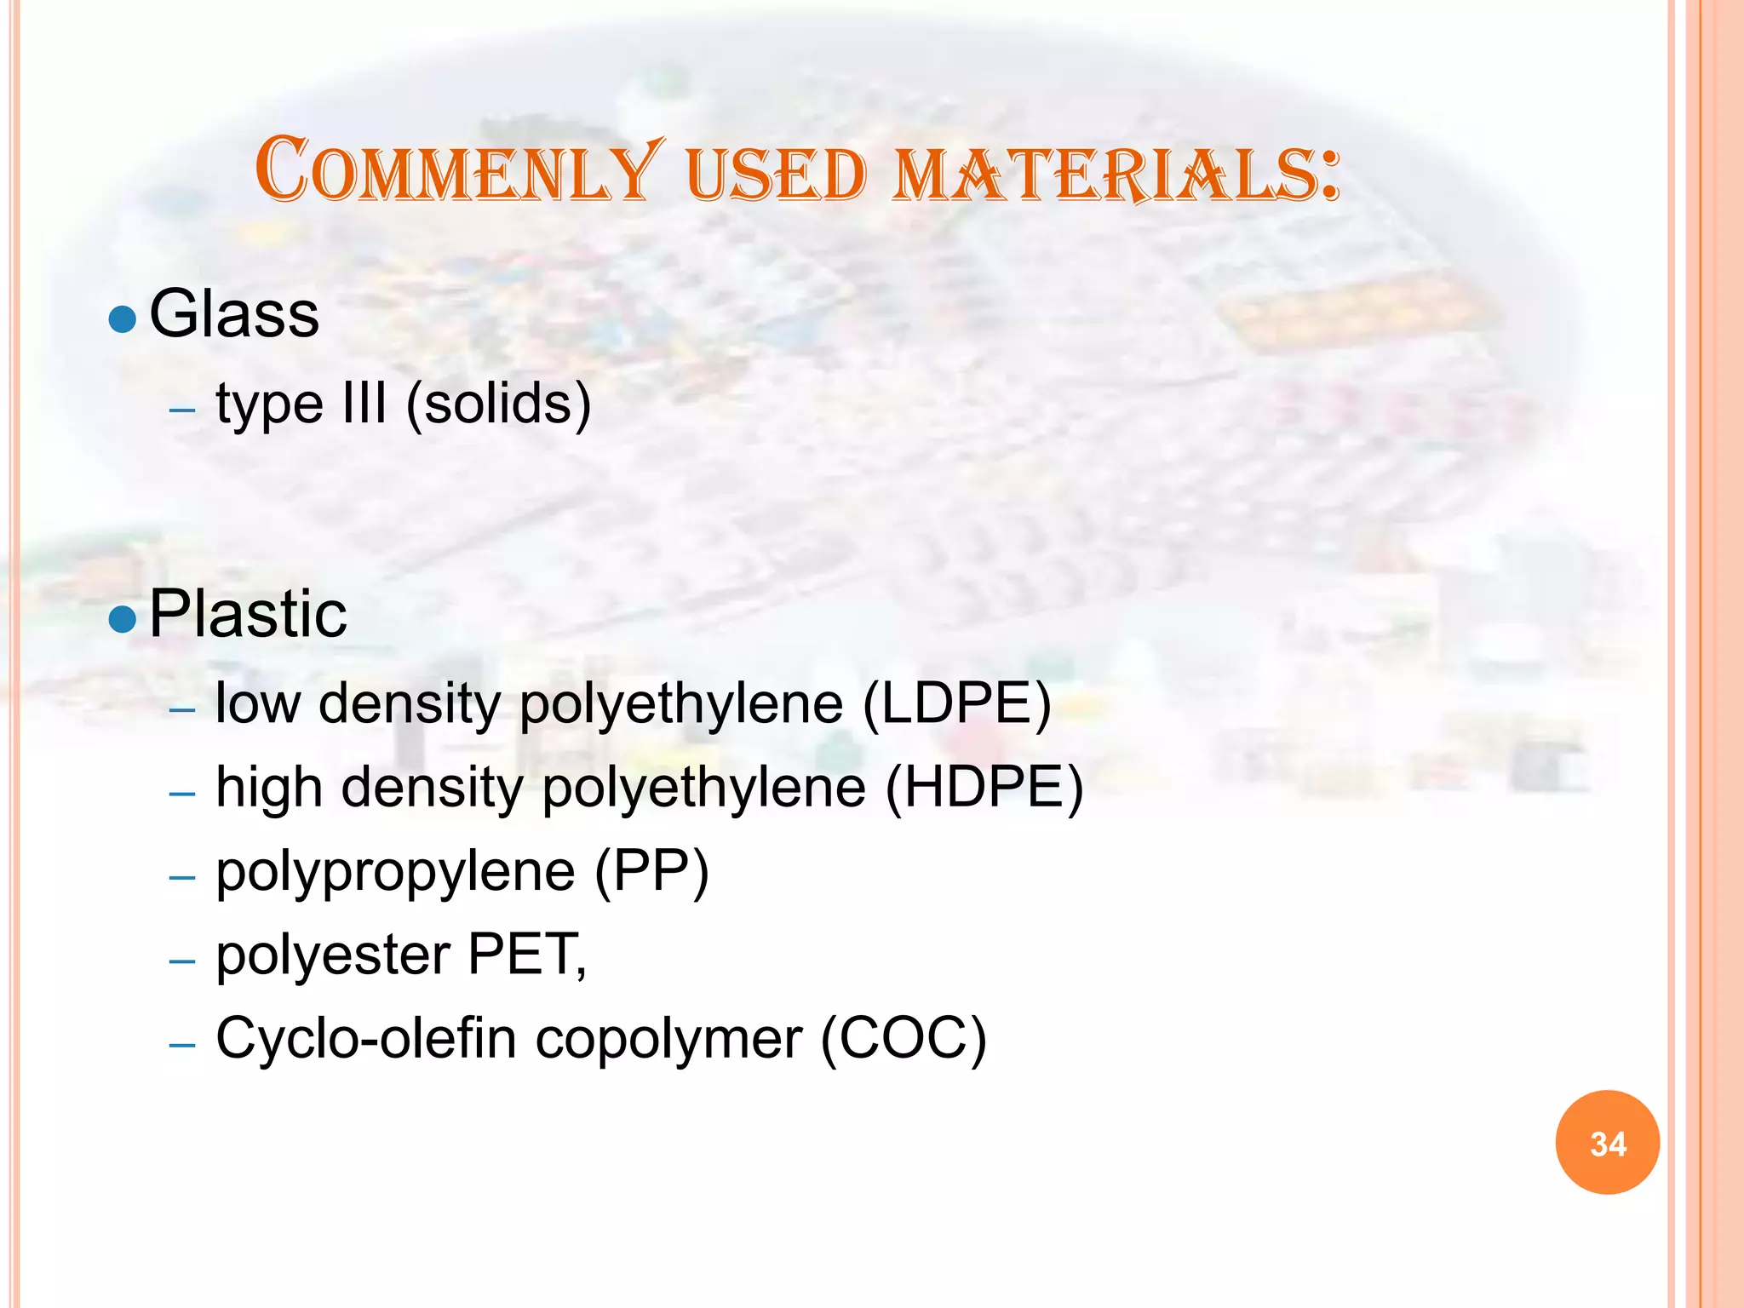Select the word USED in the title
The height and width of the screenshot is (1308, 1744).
pyautogui.click(x=776, y=175)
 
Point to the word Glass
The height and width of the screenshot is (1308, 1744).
pyautogui.click(x=234, y=314)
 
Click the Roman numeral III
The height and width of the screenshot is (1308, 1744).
pyautogui.click(x=364, y=403)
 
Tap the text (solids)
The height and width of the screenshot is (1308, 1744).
pyautogui.click(x=498, y=404)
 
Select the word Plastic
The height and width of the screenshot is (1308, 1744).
pyautogui.click(x=248, y=614)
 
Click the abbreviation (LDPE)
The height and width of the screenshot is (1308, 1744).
pyautogui.click(x=957, y=704)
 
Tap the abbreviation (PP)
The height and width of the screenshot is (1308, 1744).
pyautogui.click(x=651, y=872)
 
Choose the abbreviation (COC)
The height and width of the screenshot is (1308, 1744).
pyautogui.click(x=903, y=1039)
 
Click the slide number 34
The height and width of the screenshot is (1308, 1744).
pyautogui.click(x=1607, y=1144)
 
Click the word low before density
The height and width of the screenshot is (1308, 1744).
pyautogui.click(x=258, y=704)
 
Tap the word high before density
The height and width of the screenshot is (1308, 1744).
pyautogui.click(x=269, y=788)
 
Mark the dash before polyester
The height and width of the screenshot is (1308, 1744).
pyautogui.click(x=182, y=961)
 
